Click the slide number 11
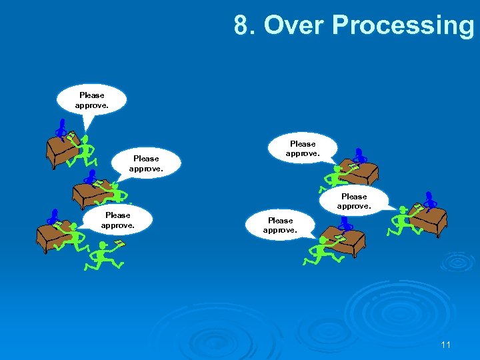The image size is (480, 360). click(x=446, y=345)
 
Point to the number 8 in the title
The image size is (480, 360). click(x=241, y=25)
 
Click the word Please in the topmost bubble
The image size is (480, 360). click(x=91, y=95)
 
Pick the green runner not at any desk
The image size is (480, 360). click(x=101, y=256)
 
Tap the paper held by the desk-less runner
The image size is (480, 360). click(x=119, y=244)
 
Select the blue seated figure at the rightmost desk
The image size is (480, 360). click(x=430, y=199)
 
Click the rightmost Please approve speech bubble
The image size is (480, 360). click(x=353, y=201)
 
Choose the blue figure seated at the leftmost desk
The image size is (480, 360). click(x=53, y=216)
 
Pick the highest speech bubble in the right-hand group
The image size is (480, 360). click(x=303, y=149)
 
